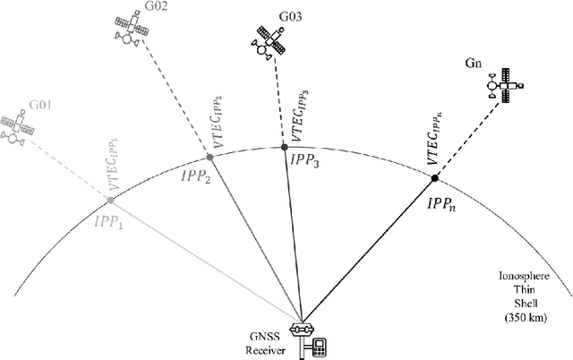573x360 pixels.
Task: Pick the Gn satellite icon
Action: click(504, 83)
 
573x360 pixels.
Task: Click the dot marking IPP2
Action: click(209, 158)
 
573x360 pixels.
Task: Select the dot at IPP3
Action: click(284, 147)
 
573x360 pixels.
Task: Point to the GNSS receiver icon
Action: click(308, 338)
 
